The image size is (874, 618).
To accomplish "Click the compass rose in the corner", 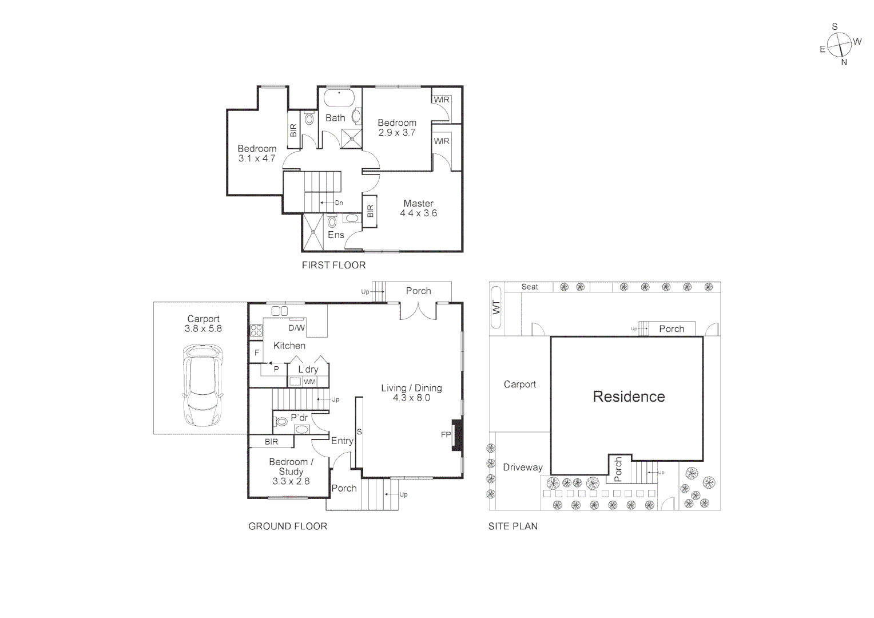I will click(840, 45).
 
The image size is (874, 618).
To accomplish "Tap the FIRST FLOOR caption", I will click(333, 265).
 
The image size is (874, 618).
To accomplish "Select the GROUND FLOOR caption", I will click(288, 526).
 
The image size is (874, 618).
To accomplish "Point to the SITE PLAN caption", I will click(513, 526).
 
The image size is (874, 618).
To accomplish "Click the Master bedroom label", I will click(418, 203).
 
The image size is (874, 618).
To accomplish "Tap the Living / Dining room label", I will click(411, 388).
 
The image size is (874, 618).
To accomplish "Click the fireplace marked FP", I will click(457, 435).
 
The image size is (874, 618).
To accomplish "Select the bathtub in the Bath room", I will click(340, 98).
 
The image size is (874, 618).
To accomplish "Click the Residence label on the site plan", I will click(629, 397).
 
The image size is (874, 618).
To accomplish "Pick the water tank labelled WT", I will click(496, 307).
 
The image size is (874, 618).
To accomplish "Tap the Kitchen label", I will click(289, 346).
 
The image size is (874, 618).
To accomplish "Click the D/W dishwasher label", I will click(296, 328).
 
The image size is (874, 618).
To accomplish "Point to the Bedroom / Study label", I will click(291, 466).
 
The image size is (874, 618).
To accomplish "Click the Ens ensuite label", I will click(336, 235).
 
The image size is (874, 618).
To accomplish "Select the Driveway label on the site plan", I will click(522, 468).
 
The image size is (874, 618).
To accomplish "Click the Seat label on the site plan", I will click(530, 287).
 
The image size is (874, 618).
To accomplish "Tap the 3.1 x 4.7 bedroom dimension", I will click(257, 159).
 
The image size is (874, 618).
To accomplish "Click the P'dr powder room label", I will click(299, 418).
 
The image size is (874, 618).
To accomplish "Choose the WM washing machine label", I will click(309, 382).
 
